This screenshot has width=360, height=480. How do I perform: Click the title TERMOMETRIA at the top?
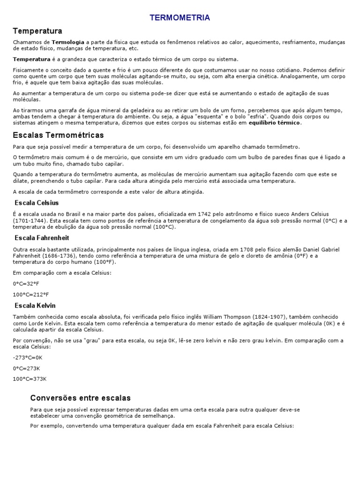coord(180,18)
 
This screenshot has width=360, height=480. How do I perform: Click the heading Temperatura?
coord(37,31)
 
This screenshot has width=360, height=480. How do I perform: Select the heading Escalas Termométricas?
coord(58,135)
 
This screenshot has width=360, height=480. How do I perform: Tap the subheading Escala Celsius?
coord(37,203)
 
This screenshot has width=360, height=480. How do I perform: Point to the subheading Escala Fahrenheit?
coord(41,238)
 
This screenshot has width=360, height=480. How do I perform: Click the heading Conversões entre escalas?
coord(80,398)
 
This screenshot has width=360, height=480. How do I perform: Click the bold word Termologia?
coord(68,42)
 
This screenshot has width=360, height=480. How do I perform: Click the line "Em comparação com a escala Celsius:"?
coord(62,273)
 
